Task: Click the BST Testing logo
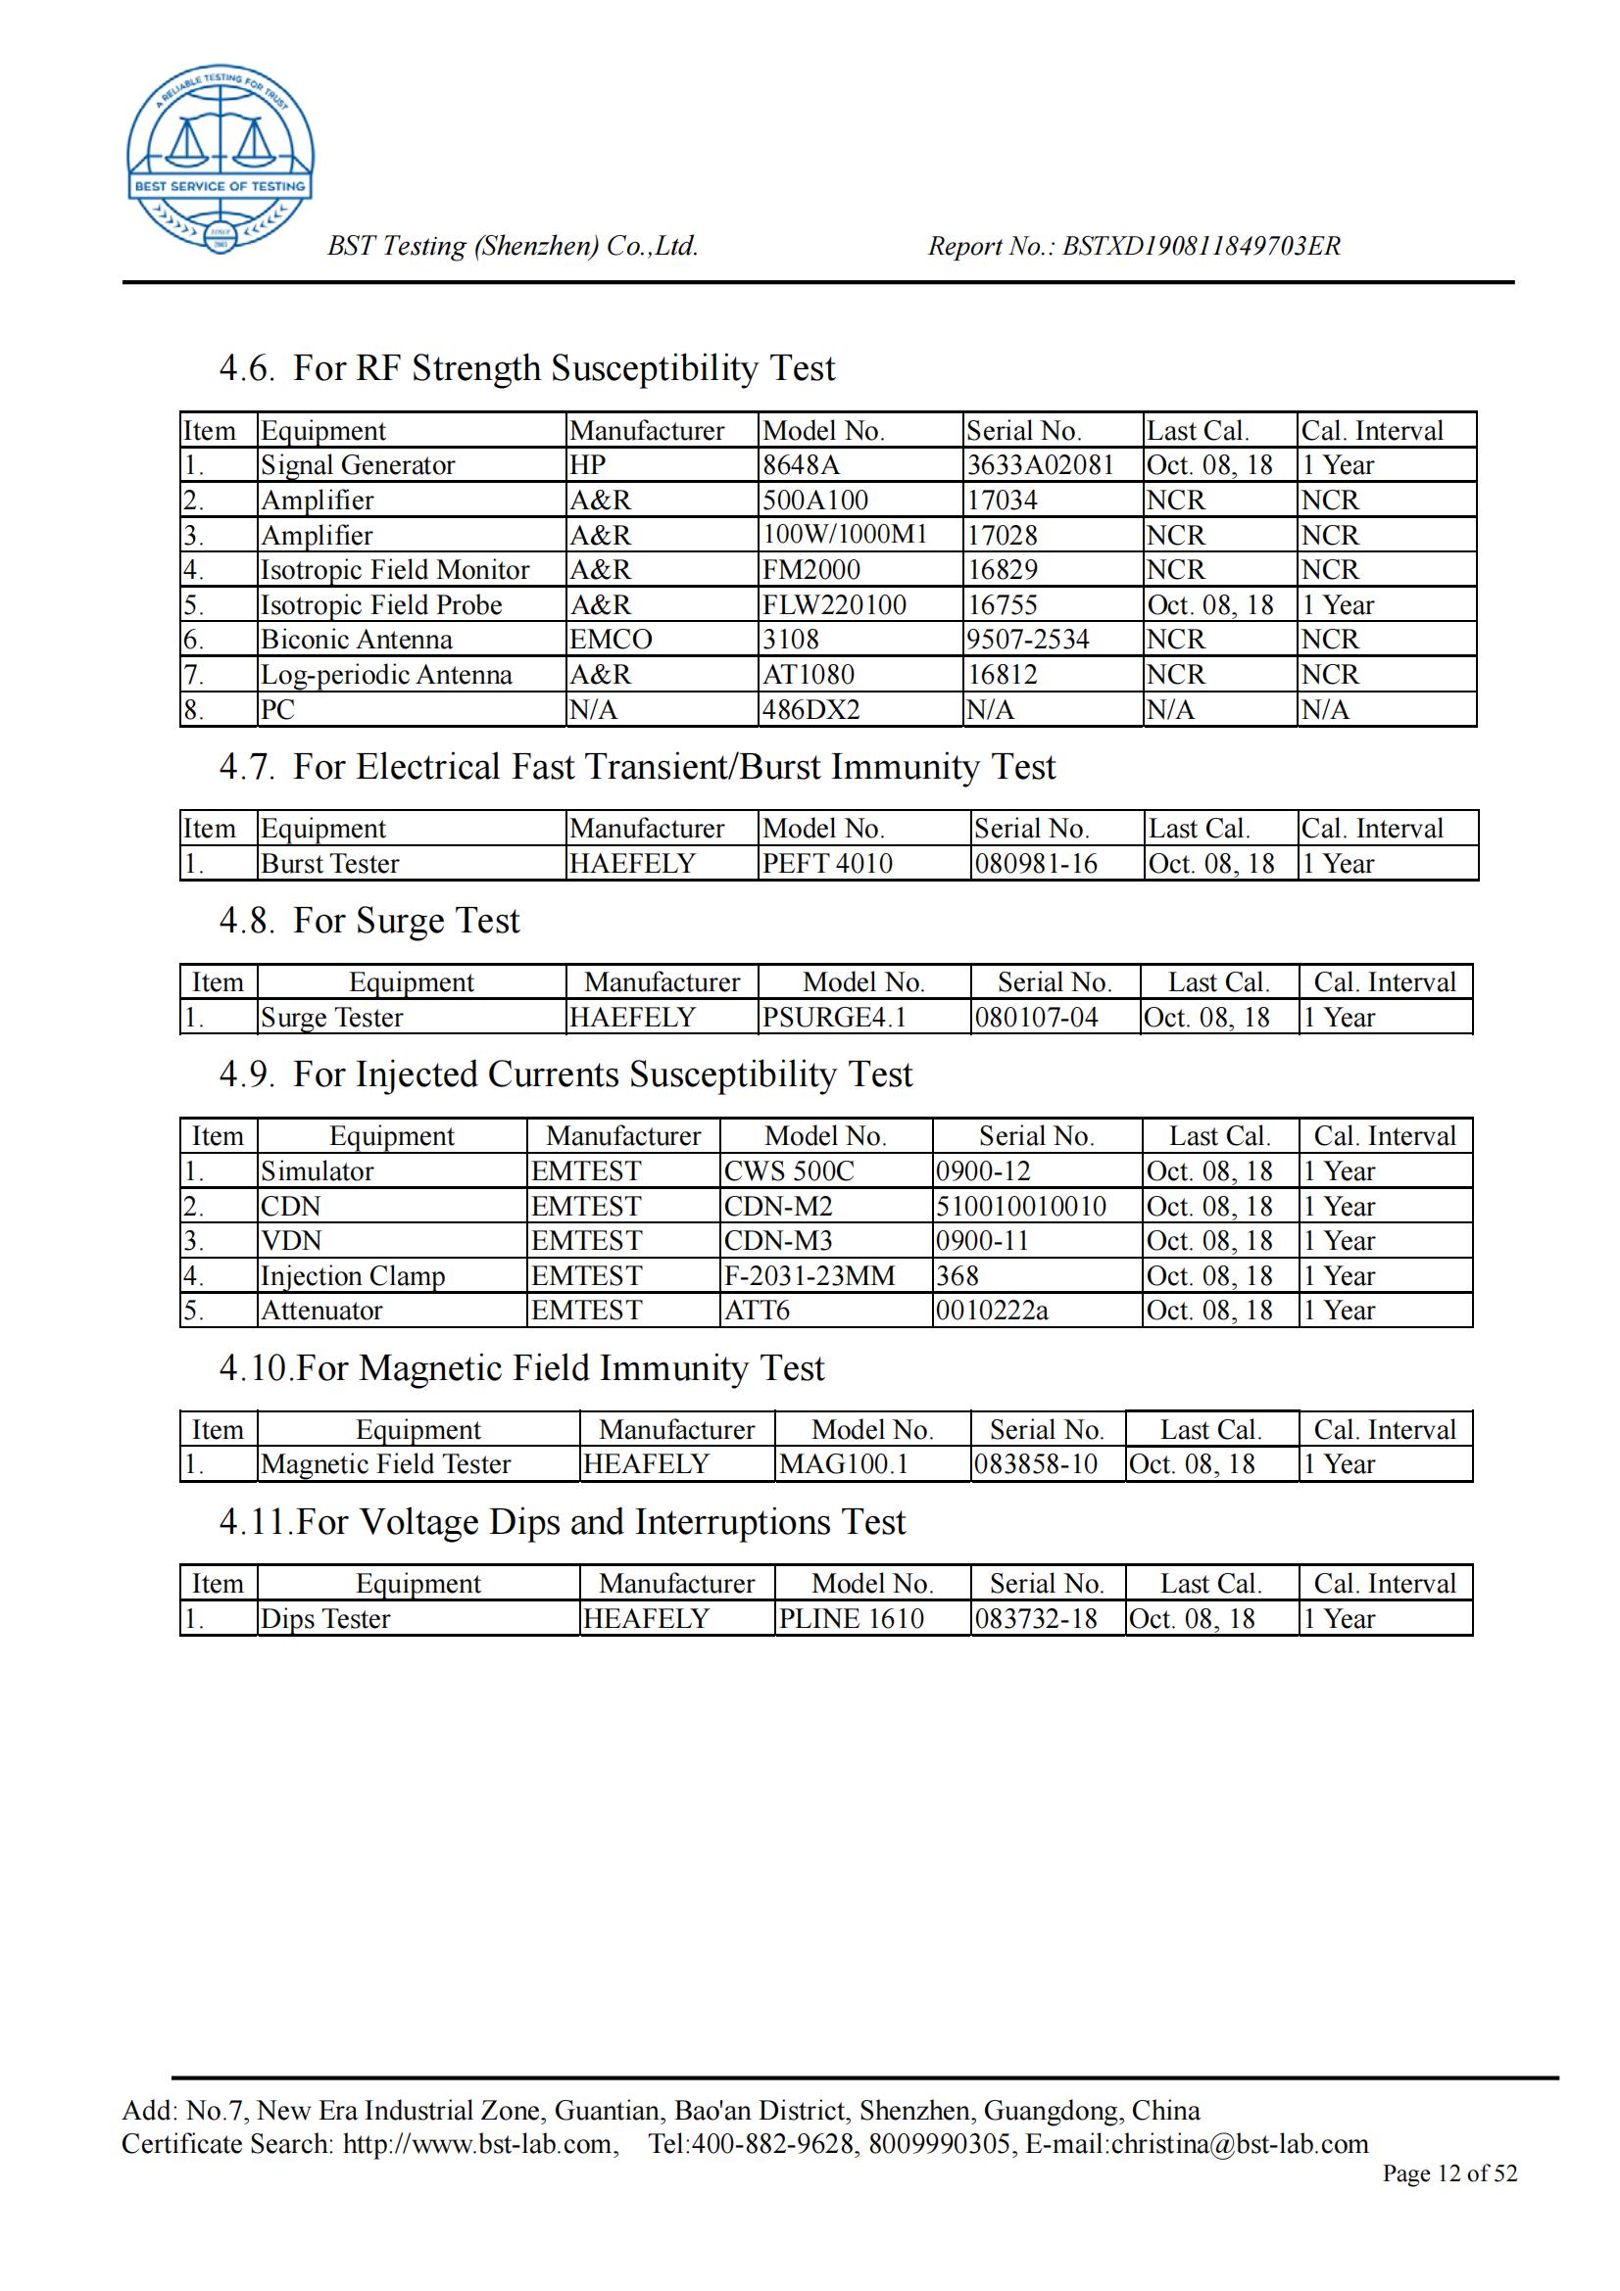220,158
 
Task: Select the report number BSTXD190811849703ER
1201,246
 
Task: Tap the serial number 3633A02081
1039,465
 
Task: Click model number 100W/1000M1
845,535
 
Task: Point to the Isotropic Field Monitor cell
394,570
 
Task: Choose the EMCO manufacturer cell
611,640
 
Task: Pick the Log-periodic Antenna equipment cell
386,675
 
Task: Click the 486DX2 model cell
810,709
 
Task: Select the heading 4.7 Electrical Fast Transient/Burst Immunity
637,766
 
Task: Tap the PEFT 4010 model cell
827,863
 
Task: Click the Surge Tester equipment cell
331,1018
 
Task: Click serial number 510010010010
1020,1207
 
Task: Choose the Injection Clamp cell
353,1276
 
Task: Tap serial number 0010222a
991,1311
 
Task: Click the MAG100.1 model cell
844,1463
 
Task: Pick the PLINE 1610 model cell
851,1618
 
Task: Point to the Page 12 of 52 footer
1448,2173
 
